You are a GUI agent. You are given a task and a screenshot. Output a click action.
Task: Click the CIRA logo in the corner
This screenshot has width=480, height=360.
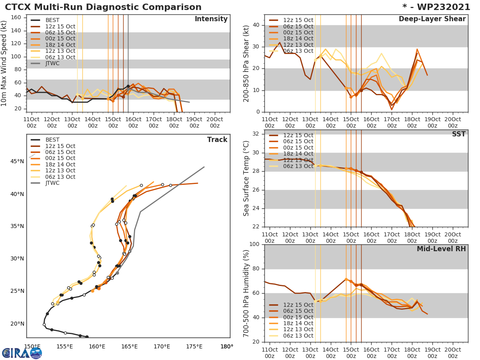coord(22,352)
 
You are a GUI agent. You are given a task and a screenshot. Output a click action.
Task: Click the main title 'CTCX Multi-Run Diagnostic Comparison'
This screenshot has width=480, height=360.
coord(103,7)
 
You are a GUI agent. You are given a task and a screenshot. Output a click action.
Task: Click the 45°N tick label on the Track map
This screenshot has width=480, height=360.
coord(17,162)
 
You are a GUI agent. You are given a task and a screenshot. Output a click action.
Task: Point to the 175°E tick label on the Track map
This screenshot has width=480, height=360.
coord(194,346)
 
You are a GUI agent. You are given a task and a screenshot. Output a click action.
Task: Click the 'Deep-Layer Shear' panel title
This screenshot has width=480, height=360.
coord(432,19)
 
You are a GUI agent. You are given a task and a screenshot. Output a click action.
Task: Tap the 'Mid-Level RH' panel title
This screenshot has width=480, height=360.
coord(441,249)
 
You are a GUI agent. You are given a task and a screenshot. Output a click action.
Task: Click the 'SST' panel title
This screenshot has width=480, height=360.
coord(458,134)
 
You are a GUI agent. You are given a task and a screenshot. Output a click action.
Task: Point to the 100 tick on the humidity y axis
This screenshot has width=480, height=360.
coord(254,244)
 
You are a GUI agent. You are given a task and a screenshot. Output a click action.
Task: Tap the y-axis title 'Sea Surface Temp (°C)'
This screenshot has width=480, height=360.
coord(246,178)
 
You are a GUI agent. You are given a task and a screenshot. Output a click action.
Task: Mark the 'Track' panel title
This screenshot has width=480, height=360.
coord(217,140)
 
